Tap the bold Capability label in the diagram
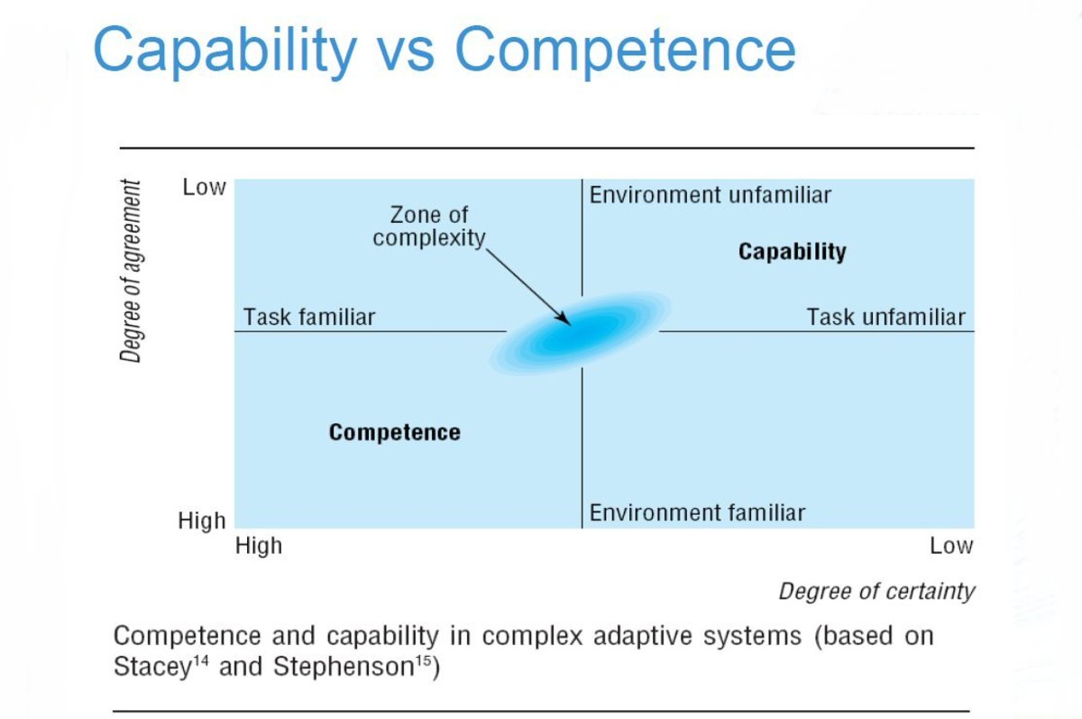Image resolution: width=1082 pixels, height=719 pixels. coord(792,252)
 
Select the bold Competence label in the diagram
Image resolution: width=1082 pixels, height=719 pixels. coord(394,432)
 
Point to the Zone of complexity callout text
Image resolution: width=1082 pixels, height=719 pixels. coord(428,226)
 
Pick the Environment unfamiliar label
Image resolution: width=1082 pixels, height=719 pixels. coord(710,195)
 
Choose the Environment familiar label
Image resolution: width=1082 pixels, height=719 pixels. coord(697,513)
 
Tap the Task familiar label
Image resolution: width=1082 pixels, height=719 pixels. coord(309,317)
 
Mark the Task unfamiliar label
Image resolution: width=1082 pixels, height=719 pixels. coord(885,317)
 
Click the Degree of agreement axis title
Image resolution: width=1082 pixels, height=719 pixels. coord(132,271)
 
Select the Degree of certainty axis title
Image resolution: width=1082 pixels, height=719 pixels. coord(876,591)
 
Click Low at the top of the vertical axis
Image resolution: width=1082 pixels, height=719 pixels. coord(204,188)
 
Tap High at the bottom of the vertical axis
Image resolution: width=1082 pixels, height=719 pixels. coord(202,521)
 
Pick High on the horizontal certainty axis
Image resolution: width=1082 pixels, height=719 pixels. coord(259,546)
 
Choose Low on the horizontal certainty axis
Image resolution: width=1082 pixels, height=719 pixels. coord(951,546)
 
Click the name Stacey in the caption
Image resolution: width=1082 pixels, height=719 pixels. coord(150,668)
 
